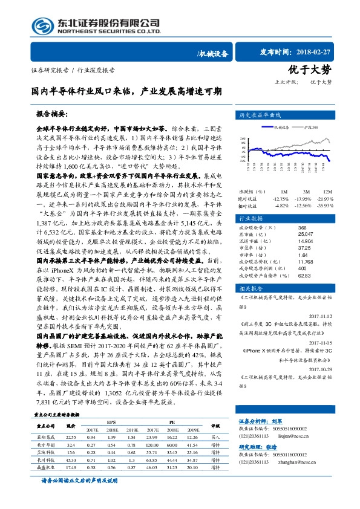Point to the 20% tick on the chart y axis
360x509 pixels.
coord(243,139)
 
